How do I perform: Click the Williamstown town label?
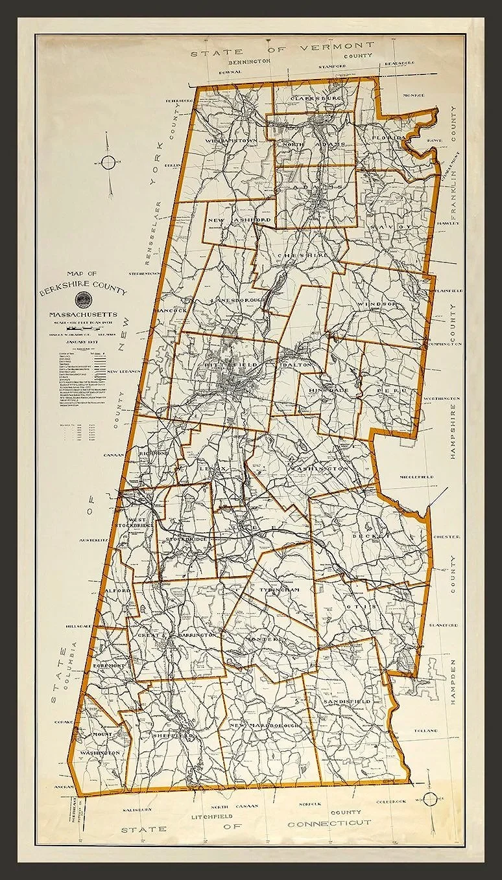click(x=232, y=140)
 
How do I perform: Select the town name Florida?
click(x=388, y=138)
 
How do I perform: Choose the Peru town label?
click(x=390, y=392)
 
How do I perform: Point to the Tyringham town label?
click(x=278, y=590)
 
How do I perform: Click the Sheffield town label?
click(x=173, y=736)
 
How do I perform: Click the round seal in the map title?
click(x=83, y=299)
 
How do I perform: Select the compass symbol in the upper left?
click(x=108, y=163)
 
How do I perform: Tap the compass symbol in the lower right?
click(x=429, y=799)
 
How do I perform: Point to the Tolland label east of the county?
click(x=426, y=731)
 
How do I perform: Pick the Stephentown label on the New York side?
click(x=144, y=273)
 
